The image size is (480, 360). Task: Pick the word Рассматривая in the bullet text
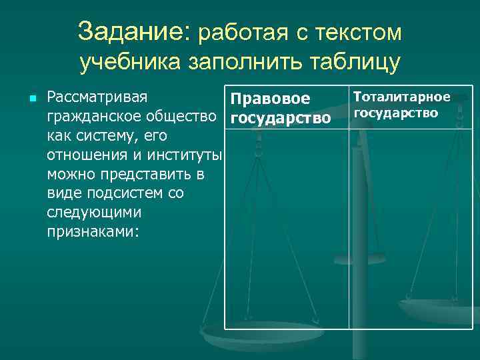pos(97,98)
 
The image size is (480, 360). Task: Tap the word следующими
pos(94,213)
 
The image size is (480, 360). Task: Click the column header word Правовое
pos(270,99)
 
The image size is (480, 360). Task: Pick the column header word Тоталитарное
pos(402,97)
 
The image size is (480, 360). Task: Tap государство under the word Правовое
pos(280,119)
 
